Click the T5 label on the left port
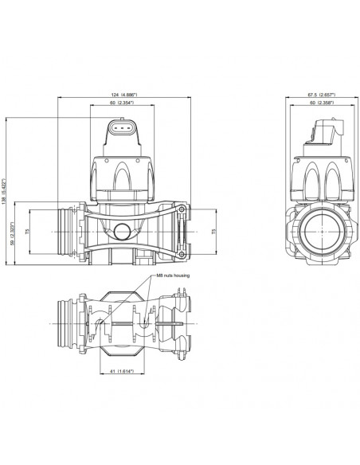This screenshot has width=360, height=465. [x=29, y=232]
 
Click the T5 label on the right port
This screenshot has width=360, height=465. [x=212, y=232]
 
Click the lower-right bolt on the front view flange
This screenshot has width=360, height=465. [x=182, y=255]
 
